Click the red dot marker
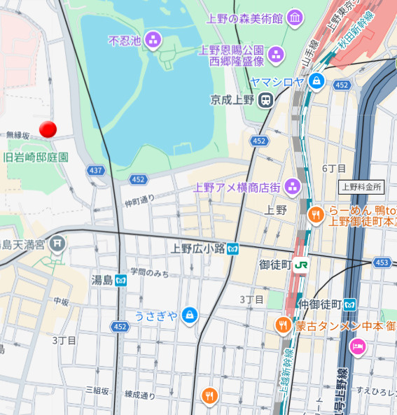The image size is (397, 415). (x=48, y=129)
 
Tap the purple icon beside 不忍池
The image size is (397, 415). (x=153, y=41)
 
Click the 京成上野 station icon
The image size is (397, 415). (x=265, y=100)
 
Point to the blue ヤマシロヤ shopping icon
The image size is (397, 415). (x=317, y=81)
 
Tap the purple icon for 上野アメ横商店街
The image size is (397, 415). (x=292, y=187)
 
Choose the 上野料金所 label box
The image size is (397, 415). (x=361, y=187)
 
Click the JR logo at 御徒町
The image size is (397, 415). (x=302, y=265)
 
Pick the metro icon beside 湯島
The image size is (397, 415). (x=121, y=280)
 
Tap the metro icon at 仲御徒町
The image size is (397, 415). (x=349, y=304)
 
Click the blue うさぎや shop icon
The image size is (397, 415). (x=188, y=316)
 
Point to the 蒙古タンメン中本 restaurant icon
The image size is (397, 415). (x=283, y=325)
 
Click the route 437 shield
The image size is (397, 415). (x=96, y=170)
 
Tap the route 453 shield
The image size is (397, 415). (x=382, y=262)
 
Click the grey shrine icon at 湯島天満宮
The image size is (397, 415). (x=58, y=244)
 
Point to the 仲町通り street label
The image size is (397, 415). (x=140, y=201)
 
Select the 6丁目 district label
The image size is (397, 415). (x=334, y=169)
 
